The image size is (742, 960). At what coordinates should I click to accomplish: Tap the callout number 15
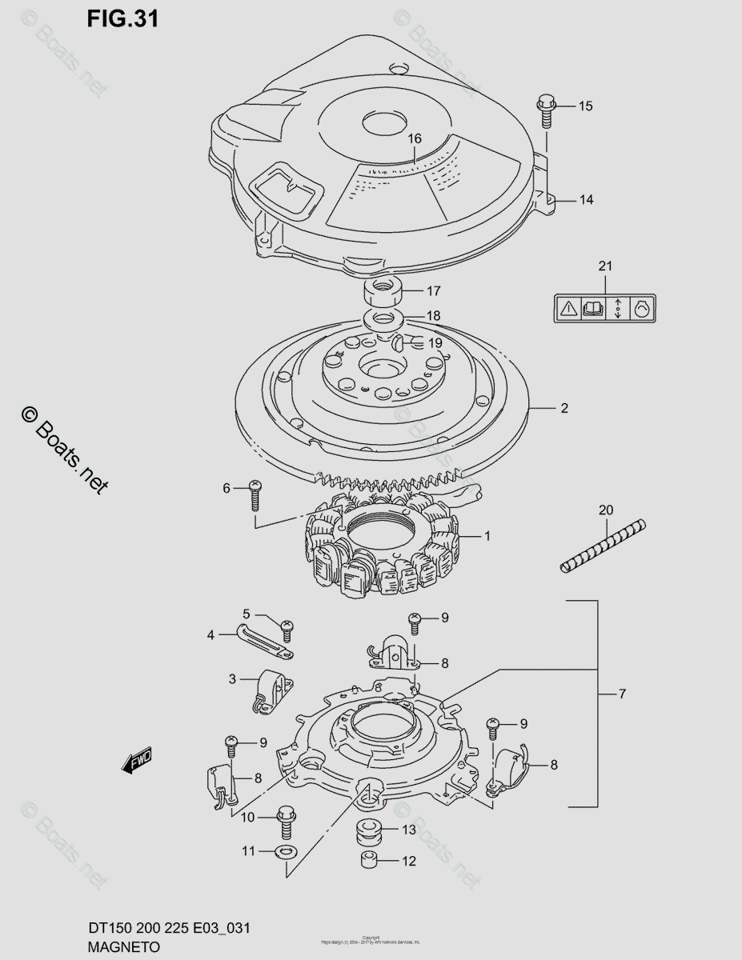click(586, 106)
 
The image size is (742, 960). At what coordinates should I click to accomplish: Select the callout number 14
click(587, 199)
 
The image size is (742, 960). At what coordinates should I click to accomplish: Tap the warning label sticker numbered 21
click(604, 308)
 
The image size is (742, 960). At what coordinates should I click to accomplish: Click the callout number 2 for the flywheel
click(564, 408)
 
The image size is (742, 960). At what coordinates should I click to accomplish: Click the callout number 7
click(622, 694)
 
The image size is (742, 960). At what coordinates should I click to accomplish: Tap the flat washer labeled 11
click(282, 851)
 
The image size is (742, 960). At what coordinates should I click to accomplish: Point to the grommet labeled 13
click(368, 831)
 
